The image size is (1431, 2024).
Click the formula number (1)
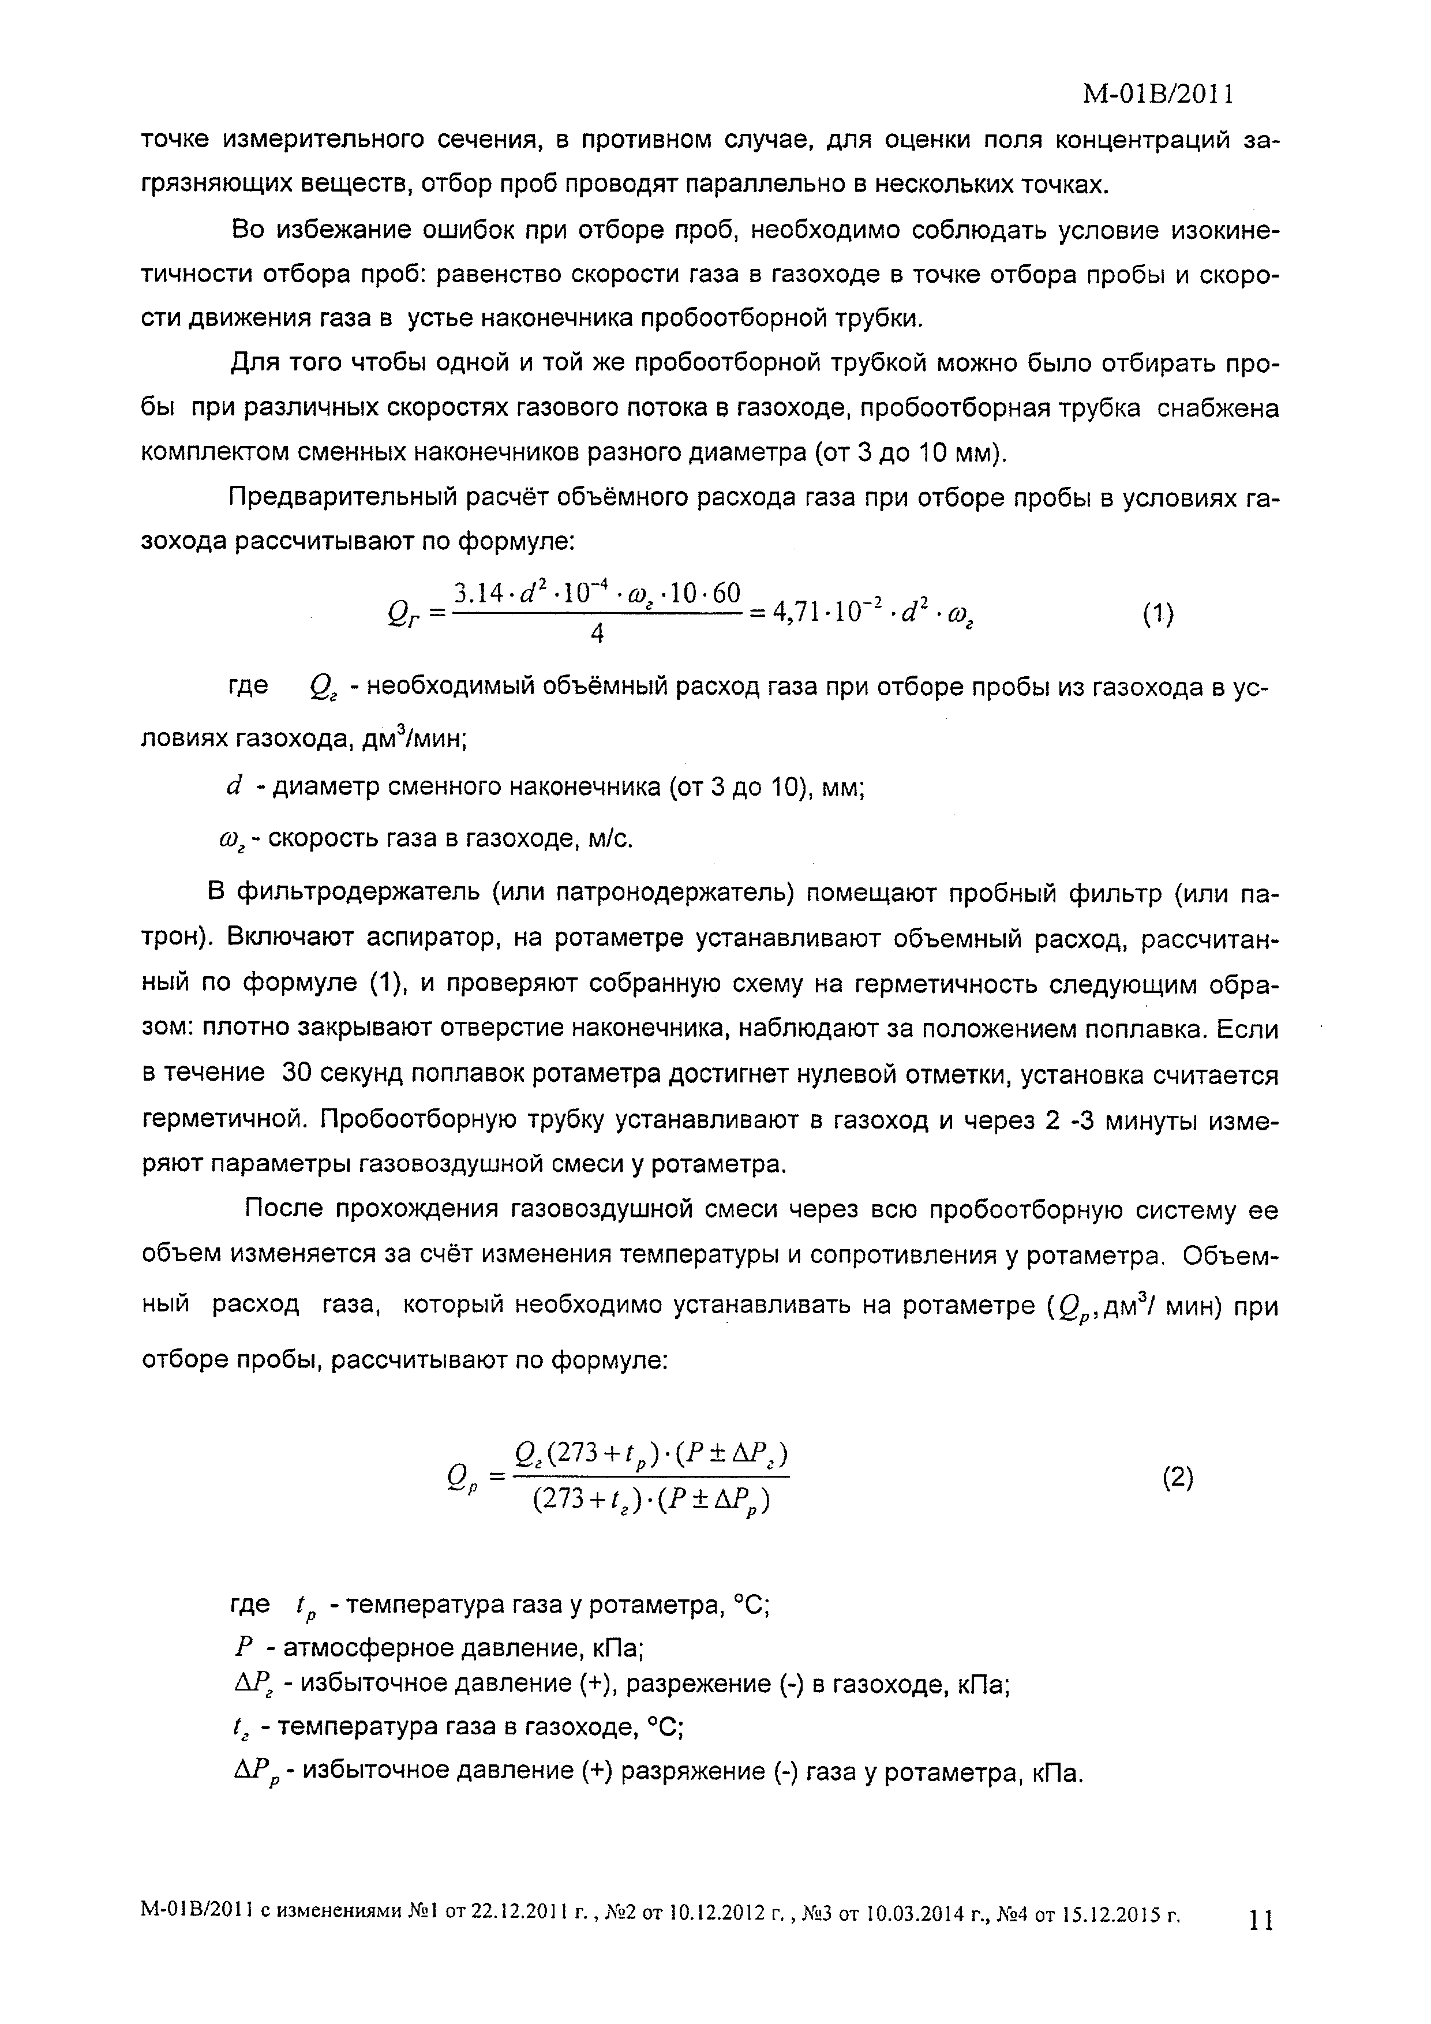pos(1157,614)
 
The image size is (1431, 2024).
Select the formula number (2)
pos(1178,1478)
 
